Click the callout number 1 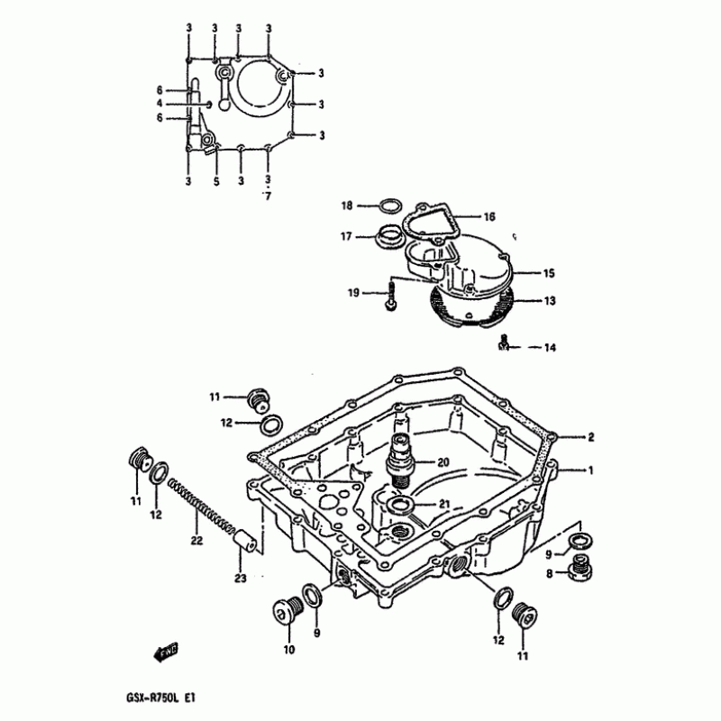(591, 470)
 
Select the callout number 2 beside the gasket (591, 438)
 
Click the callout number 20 (443, 462)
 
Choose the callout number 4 (159, 105)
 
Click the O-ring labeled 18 (387, 206)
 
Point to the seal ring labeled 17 (389, 239)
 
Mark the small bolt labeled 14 (506, 342)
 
